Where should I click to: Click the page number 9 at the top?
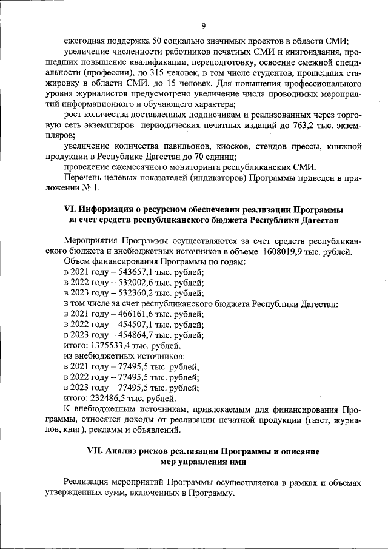(204, 25)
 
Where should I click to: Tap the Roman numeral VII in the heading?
(95, 452)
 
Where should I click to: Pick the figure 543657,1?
(127, 272)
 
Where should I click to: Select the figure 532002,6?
(127, 283)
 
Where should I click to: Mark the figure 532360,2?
(127, 293)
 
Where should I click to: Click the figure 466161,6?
(127, 314)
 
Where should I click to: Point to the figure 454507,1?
(127, 325)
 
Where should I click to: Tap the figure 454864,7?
(127, 335)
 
